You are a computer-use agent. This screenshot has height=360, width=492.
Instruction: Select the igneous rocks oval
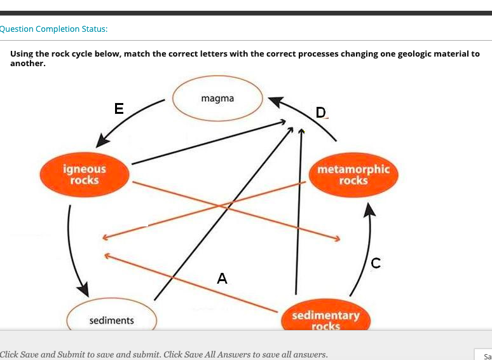pos(84,175)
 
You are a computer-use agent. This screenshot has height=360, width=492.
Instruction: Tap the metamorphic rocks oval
pos(353,175)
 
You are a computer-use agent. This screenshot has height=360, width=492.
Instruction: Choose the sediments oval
pos(112,318)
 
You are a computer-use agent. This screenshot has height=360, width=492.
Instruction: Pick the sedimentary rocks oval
pos(325,317)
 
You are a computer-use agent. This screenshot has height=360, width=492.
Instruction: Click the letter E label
pos(119,108)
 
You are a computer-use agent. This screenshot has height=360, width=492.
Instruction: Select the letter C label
pos(376,262)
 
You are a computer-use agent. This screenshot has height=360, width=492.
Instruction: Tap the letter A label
pos(221,278)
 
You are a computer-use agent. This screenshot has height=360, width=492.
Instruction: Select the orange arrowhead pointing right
pos(337,239)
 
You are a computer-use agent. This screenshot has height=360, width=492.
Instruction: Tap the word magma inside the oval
pos(217,98)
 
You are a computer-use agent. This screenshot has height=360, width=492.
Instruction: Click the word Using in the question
pos(22,54)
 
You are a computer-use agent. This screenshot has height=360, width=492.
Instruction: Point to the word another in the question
pos(27,64)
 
